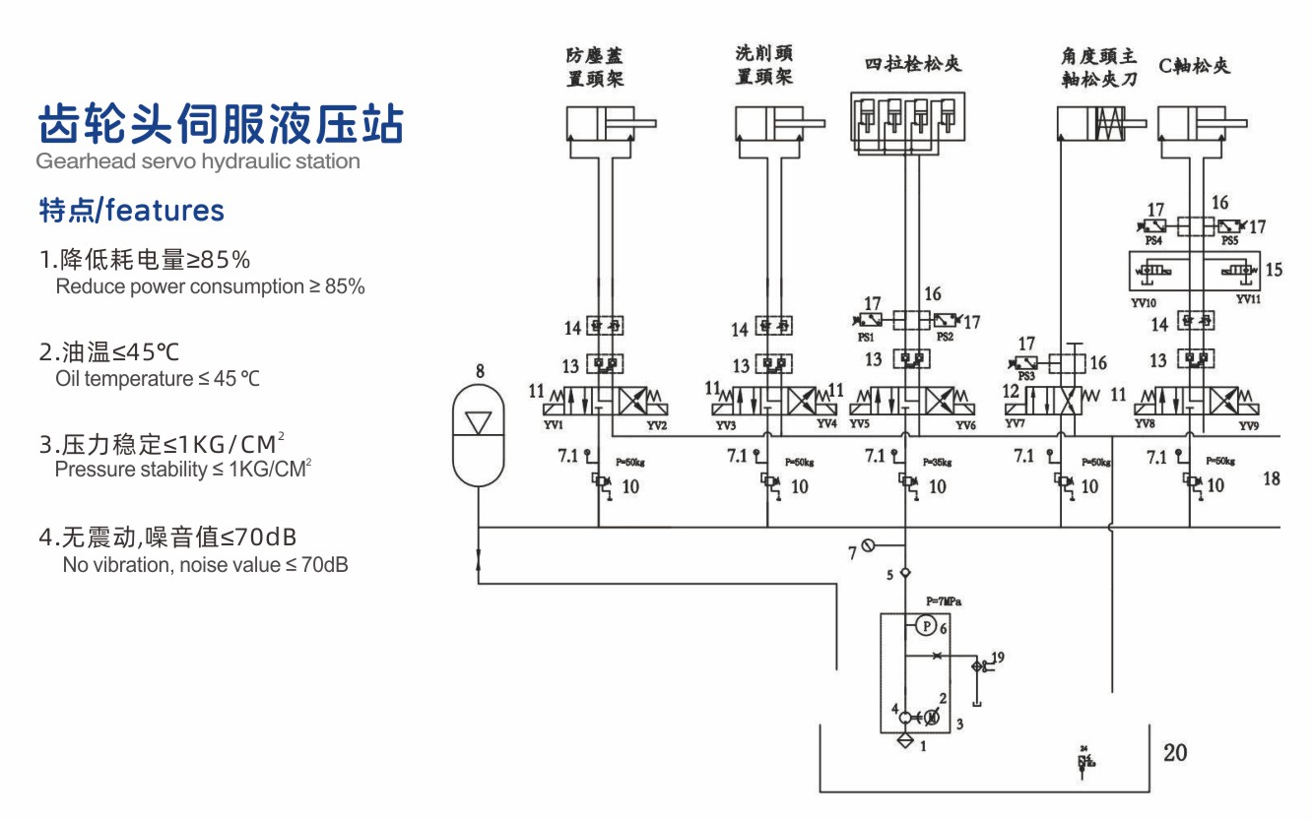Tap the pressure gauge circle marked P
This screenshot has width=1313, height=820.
pyautogui.click(x=926, y=624)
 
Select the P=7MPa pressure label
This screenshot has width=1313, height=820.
pyautogui.click(x=944, y=600)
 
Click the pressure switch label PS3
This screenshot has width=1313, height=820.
pyautogui.click(x=1026, y=377)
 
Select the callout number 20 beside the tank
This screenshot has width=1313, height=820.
pyautogui.click(x=1175, y=753)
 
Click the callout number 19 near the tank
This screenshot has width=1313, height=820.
pyautogui.click(x=998, y=657)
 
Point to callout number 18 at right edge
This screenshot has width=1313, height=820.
pyautogui.click(x=1272, y=478)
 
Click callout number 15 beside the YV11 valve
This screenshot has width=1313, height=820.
pyautogui.click(x=1274, y=269)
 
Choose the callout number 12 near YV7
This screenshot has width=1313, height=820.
pyautogui.click(x=1010, y=392)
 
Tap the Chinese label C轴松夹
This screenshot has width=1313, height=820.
pyautogui.click(x=1195, y=66)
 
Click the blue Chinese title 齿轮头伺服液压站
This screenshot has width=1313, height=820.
pyautogui.click(x=220, y=125)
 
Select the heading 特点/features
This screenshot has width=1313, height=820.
pyautogui.click(x=131, y=210)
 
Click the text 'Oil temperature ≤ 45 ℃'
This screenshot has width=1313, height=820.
pyautogui.click(x=158, y=379)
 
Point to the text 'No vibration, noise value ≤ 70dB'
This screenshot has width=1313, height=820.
pyautogui.click(x=205, y=565)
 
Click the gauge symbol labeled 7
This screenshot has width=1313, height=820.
pyautogui.click(x=868, y=545)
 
